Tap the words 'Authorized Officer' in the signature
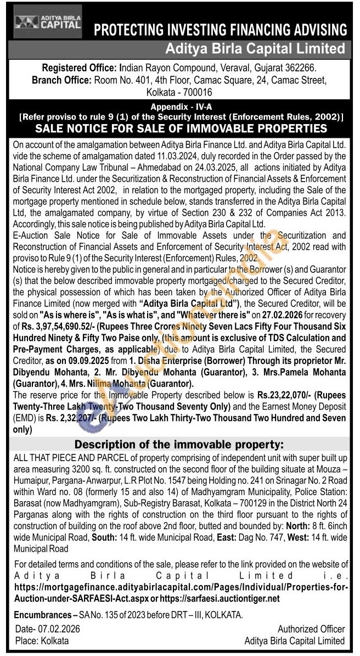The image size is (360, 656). point(311,630)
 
